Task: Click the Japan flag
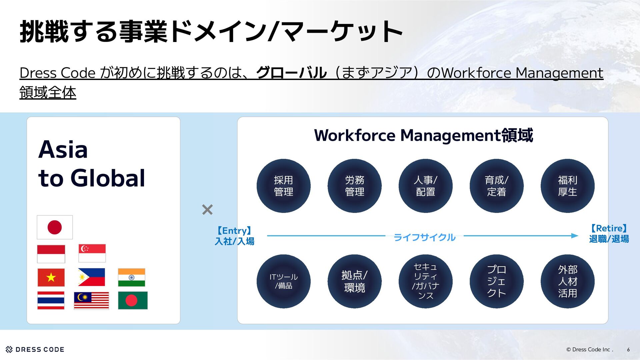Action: [x=55, y=227]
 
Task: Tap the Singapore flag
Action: [x=92, y=253]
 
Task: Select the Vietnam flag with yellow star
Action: [x=51, y=277]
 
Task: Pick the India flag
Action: [x=131, y=277]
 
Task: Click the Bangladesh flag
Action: [x=133, y=300]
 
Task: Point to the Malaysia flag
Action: [x=91, y=300]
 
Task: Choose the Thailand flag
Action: [x=51, y=300]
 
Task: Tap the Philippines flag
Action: [x=91, y=277]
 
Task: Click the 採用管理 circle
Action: [x=283, y=186]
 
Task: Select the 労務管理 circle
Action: [x=354, y=186]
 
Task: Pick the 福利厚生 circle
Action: [x=567, y=186]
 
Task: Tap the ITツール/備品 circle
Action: [x=283, y=281]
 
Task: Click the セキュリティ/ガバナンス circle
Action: [x=425, y=281]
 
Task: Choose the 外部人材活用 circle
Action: [x=567, y=281]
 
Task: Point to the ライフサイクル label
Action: [x=424, y=237]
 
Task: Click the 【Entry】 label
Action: [x=234, y=231]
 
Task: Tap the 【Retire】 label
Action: [x=609, y=228]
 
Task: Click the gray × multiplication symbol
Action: [x=207, y=210]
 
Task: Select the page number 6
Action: [x=628, y=349]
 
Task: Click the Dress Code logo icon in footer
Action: [x=9, y=349]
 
